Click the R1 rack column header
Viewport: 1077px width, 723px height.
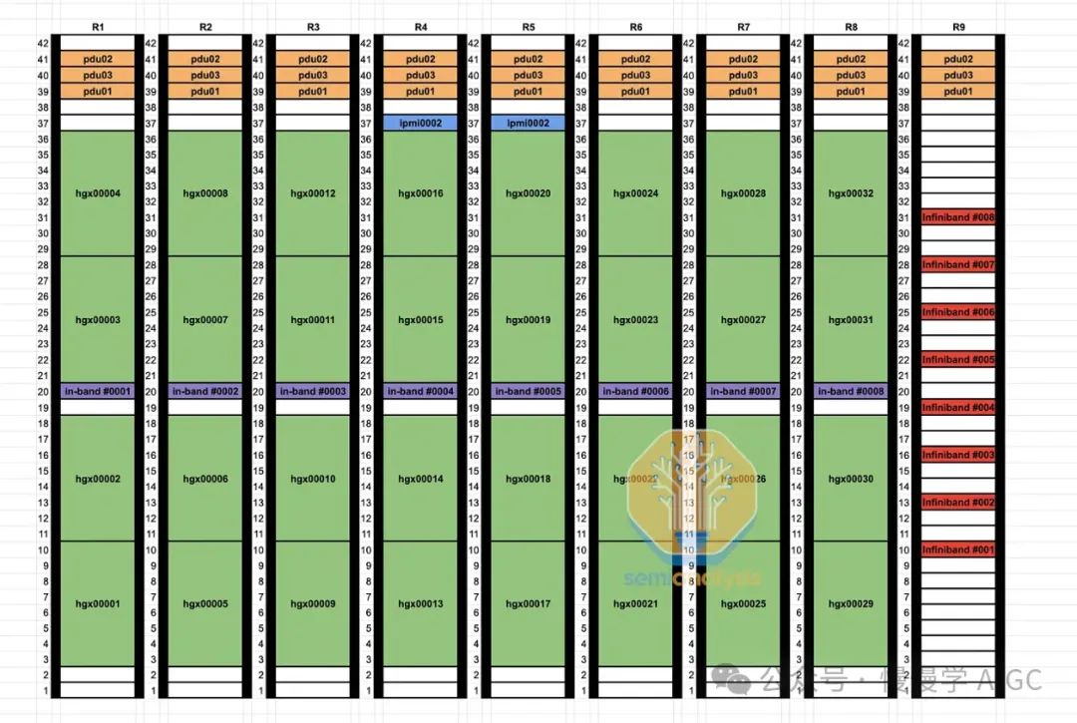click(x=98, y=27)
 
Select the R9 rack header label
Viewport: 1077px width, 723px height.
click(x=958, y=27)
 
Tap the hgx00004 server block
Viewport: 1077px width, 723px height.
click(x=98, y=193)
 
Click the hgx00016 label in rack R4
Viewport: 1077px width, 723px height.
click(x=421, y=193)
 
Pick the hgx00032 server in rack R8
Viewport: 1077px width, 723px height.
click(x=851, y=193)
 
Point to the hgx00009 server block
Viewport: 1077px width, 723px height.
click(x=313, y=604)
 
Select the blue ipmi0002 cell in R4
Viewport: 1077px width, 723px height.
click(x=421, y=123)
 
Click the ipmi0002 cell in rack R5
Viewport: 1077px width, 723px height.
click(x=529, y=123)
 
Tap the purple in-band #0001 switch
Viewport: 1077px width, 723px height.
click(x=98, y=391)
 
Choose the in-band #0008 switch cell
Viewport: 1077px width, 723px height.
click(x=851, y=391)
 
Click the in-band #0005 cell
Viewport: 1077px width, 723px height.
click(x=529, y=391)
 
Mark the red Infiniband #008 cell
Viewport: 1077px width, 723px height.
click(x=958, y=217)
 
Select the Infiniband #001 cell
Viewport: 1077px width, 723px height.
click(x=958, y=549)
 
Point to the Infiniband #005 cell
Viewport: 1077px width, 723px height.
click(x=958, y=360)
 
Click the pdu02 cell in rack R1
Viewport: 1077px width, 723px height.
click(x=98, y=59)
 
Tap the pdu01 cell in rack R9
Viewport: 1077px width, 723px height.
click(x=958, y=91)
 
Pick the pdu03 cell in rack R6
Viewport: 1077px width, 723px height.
click(x=636, y=75)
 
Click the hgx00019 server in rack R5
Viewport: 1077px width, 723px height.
click(x=529, y=320)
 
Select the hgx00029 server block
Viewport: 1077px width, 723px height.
click(x=851, y=604)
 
